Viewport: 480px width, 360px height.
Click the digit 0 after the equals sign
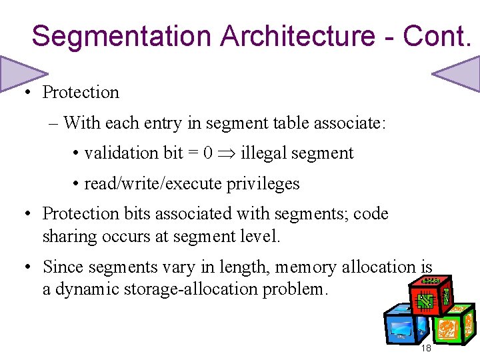pos(208,153)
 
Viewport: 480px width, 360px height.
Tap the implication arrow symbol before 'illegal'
pos(227,154)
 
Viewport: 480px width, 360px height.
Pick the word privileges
pos(265,183)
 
